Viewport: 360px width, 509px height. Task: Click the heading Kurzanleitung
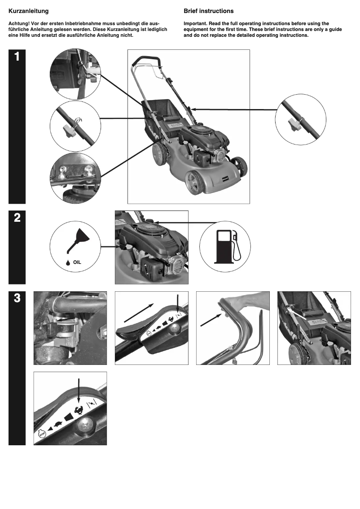(29, 10)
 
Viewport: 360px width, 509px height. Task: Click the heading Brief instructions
(208, 10)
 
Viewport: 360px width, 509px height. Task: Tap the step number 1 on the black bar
(17, 57)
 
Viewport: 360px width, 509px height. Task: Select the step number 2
(17, 217)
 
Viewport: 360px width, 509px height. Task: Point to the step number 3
(17, 298)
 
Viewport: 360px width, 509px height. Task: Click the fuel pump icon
(225, 246)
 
